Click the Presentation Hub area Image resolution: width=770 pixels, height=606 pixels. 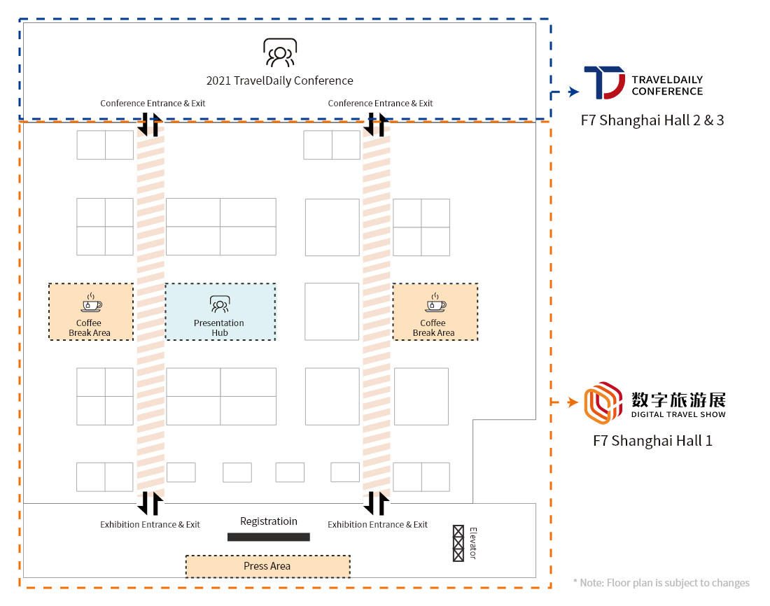coord(220,312)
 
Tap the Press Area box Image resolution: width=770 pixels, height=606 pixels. coord(267,566)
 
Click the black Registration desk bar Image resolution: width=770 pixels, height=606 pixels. coord(269,537)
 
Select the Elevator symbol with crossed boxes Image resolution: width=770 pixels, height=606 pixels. coord(458,543)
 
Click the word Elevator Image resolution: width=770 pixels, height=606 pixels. coord(473,543)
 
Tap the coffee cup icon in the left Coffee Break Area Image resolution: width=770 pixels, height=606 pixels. coord(91,303)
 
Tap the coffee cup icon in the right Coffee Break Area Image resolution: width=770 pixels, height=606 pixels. coord(435,303)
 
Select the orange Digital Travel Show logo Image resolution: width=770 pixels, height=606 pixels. coord(603,402)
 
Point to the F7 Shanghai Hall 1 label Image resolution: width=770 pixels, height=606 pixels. coord(652,440)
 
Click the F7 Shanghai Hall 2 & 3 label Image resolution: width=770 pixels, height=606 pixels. coord(652,120)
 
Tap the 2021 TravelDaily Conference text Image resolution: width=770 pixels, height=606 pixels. coord(279,80)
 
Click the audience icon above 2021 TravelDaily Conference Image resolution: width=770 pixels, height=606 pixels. coord(280,52)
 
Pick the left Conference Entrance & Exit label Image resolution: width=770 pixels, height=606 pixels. coord(153,103)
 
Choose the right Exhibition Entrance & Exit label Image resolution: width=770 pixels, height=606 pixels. coord(377,525)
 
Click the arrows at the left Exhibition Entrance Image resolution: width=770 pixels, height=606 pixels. coord(150,503)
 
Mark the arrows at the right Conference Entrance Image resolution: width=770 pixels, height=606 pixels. coord(377,125)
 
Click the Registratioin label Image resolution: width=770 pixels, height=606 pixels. coord(269,521)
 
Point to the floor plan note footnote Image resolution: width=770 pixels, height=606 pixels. coord(661,583)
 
